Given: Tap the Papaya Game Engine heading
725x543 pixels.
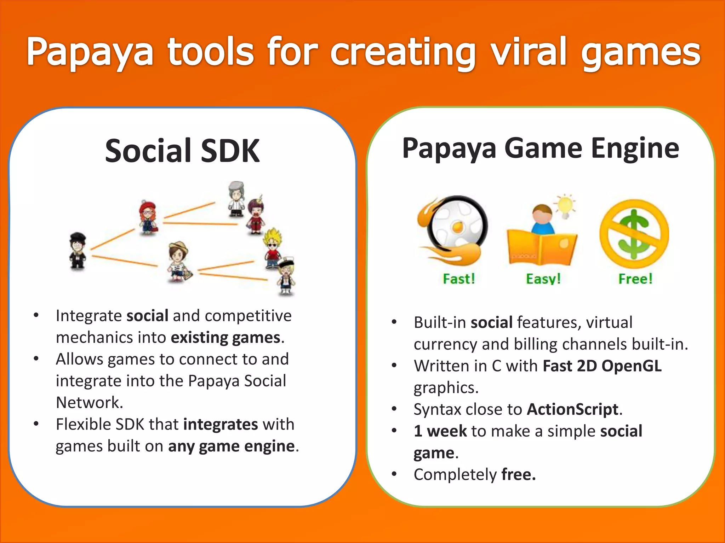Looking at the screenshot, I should pyautogui.click(x=541, y=148).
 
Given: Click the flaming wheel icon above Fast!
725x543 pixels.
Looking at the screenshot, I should pyautogui.click(x=453, y=230).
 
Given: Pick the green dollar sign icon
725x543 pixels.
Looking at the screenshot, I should pyautogui.click(x=634, y=234).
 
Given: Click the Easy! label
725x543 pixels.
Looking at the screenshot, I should pyautogui.click(x=543, y=279).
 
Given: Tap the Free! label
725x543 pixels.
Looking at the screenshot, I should pyautogui.click(x=635, y=279).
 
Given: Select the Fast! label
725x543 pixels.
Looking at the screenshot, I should pyautogui.click(x=459, y=279).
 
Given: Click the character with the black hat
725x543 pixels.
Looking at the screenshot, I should pyautogui.click(x=78, y=250).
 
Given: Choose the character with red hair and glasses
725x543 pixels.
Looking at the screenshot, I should pyautogui.click(x=148, y=217).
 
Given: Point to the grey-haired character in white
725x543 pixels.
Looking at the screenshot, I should pyautogui.click(x=236, y=199).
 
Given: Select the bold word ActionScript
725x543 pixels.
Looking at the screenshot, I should pyautogui.click(x=572, y=409).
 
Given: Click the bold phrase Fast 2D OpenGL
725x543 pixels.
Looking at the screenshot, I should pyautogui.click(x=602, y=366).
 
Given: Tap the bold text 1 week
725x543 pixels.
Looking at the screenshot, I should pyautogui.click(x=440, y=431).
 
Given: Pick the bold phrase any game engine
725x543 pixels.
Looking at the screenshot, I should pyautogui.click(x=231, y=446).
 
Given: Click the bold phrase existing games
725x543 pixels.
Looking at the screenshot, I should pyautogui.click(x=226, y=338).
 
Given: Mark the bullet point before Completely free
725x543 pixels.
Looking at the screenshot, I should pyautogui.click(x=394, y=474).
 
